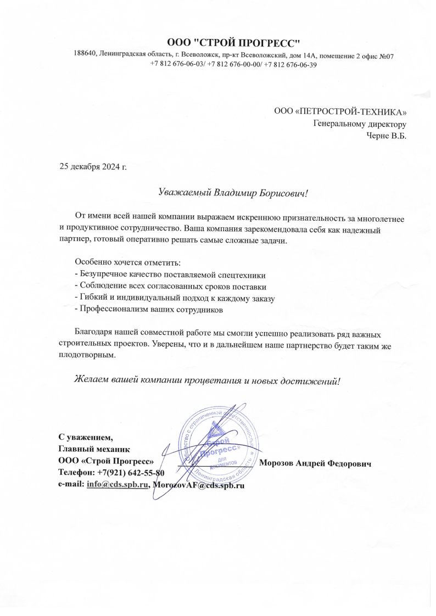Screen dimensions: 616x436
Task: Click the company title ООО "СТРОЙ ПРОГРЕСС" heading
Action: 234,43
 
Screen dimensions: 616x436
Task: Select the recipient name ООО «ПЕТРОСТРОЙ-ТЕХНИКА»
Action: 340,113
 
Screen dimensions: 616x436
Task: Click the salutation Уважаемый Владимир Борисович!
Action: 233,193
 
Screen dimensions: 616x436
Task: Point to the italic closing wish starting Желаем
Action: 208,380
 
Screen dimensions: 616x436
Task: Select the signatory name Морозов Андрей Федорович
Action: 315,463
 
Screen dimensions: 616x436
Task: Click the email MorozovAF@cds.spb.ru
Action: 199,485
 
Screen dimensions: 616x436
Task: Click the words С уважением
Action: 86,438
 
